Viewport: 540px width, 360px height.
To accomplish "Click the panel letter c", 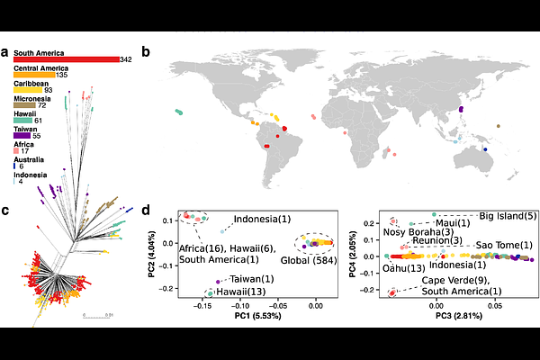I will click(x=5, y=211).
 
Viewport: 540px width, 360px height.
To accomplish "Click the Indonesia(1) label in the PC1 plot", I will click(x=261, y=219).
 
